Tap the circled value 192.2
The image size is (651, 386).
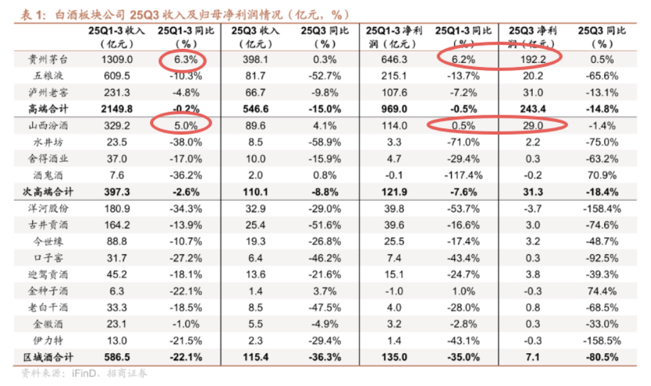pos(534,60)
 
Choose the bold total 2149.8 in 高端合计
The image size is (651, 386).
pos(117,109)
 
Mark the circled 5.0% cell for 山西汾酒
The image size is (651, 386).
pos(183,125)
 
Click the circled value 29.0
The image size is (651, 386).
pos(534,125)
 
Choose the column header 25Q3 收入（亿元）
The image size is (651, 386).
pos(255,37)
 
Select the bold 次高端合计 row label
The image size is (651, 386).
pos(44,192)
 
